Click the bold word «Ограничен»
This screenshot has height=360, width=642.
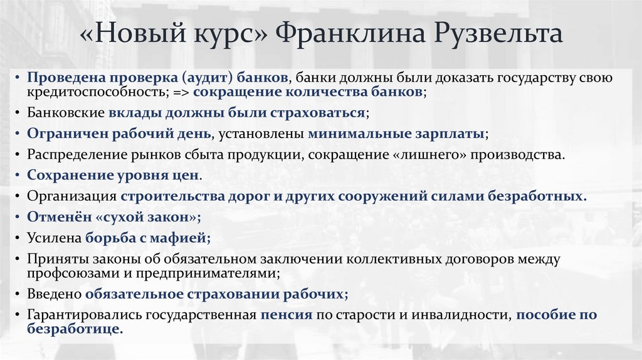click(61, 134)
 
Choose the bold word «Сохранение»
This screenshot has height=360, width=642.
click(65, 175)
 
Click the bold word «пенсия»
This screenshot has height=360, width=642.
click(287, 315)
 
